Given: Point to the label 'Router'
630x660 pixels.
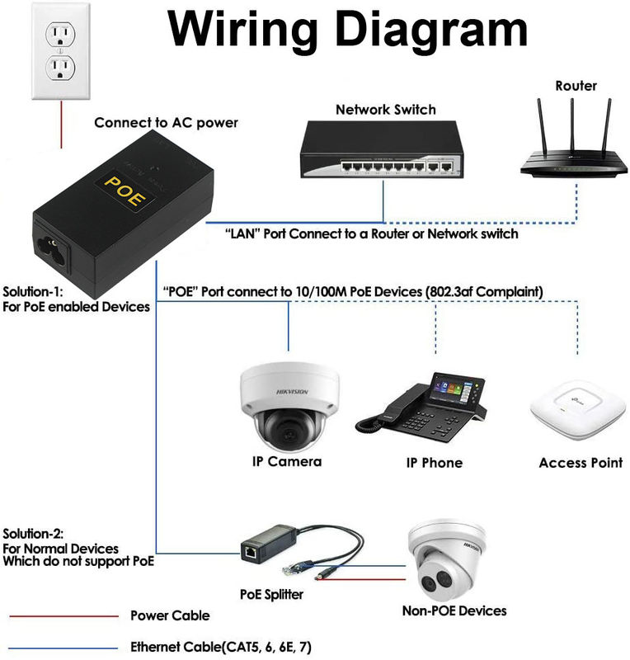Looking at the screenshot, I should click(x=576, y=86).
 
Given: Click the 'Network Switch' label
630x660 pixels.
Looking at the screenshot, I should click(x=385, y=110).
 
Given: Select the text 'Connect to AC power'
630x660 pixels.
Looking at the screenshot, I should click(x=166, y=123).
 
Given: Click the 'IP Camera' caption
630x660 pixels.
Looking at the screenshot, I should click(x=286, y=461).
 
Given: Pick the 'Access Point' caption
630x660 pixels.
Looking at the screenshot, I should click(x=581, y=463).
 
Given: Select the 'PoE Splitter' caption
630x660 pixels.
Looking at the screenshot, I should click(x=271, y=594).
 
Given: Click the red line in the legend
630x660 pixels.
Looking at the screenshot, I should click(x=63, y=615).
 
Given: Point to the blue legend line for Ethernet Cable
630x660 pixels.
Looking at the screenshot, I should click(x=63, y=647).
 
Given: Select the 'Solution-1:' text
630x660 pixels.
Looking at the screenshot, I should click(x=34, y=292).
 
